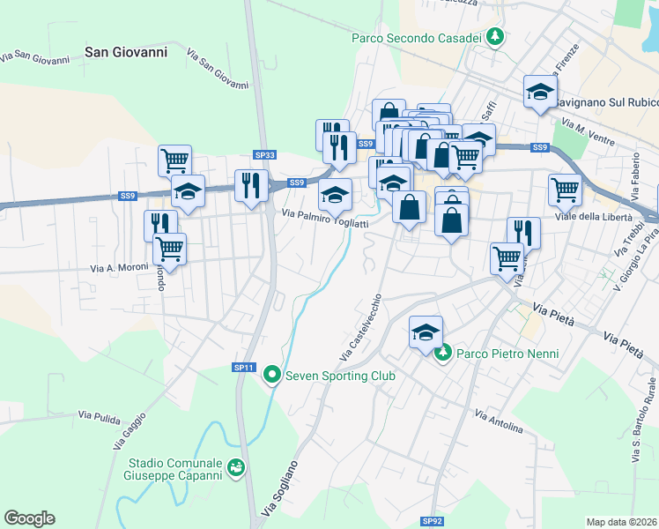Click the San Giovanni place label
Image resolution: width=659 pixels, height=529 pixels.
[x=126, y=53]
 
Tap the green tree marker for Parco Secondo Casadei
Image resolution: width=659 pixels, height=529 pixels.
[x=497, y=37]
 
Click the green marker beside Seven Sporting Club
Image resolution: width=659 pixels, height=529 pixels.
[x=272, y=376]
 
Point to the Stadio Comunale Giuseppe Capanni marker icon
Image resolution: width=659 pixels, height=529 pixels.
[x=235, y=467]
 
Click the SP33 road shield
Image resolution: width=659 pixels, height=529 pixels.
[x=264, y=155]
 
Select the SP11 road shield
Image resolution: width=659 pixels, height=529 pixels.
[x=244, y=367]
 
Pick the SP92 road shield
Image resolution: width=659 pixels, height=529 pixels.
[x=430, y=521]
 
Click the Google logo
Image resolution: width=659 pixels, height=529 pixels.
[x=29, y=518]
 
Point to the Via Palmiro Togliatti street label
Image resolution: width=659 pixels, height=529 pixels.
[x=324, y=218]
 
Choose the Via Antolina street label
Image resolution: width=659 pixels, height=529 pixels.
[x=499, y=421]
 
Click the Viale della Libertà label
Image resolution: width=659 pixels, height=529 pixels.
[x=593, y=217]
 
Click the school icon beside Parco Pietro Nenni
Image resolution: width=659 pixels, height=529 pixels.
[x=426, y=332]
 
